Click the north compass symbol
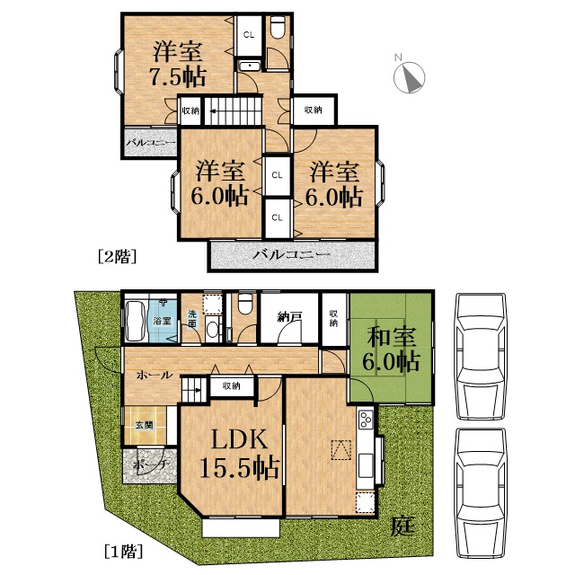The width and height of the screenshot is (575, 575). point(410,77)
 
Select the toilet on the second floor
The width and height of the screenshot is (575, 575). point(279,27)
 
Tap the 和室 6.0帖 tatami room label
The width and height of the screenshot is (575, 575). point(392,349)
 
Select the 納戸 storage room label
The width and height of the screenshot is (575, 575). point(289,317)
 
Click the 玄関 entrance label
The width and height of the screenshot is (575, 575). point(144,425)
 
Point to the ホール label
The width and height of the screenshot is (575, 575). point(155,375)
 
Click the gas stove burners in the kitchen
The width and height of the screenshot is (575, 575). point(366,420)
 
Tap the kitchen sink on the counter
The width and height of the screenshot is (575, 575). point(366,465)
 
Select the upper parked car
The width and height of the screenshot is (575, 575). point(481,357)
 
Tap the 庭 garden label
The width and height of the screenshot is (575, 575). point(402,526)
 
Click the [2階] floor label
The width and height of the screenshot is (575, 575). point(118,256)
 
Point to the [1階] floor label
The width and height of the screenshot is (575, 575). point(123,551)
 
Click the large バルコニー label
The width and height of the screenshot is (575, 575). point(291,254)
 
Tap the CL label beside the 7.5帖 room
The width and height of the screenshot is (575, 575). point(249,35)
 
